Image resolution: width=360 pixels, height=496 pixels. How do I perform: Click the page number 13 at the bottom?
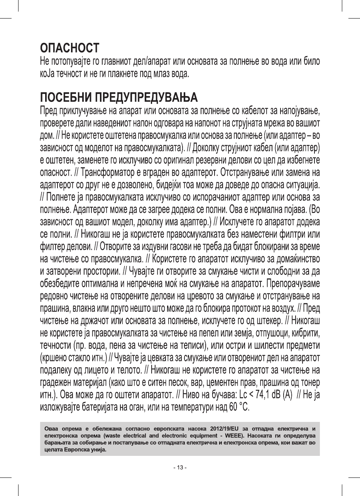click(180, 468)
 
